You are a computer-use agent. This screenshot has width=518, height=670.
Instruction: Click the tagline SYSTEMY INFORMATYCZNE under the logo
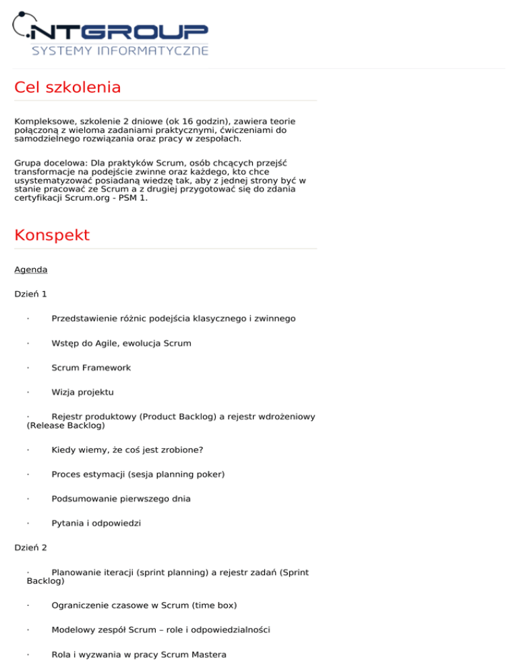click(x=120, y=51)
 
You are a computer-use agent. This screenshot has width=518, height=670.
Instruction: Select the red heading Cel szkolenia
click(x=67, y=88)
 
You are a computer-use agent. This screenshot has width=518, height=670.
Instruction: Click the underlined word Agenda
click(x=31, y=270)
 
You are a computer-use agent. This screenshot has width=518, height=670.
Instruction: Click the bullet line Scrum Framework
click(x=91, y=368)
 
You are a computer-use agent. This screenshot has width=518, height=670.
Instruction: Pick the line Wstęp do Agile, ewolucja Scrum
click(x=121, y=343)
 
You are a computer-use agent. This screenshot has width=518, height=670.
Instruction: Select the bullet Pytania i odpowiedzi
click(x=96, y=523)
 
